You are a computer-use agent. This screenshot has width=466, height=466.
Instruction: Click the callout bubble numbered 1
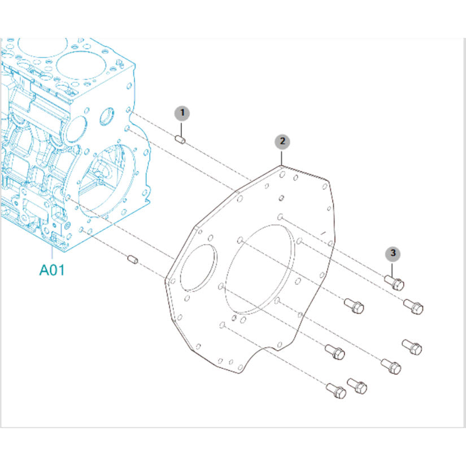pyautogui.click(x=182, y=113)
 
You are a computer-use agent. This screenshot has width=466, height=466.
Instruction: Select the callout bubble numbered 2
pyautogui.click(x=282, y=141)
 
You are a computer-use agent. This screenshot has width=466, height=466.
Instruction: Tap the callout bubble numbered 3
pyautogui.click(x=393, y=253)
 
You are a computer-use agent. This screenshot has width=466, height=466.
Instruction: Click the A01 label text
pyautogui.click(x=52, y=270)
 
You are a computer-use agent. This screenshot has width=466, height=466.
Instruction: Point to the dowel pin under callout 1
pyautogui.click(x=180, y=139)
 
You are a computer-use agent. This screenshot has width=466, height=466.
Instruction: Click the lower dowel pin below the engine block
pyautogui.click(x=133, y=260)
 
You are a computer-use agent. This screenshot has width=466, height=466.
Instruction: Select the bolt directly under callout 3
pyautogui.click(x=394, y=282)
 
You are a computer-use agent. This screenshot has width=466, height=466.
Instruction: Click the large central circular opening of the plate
pyautogui.click(x=259, y=269)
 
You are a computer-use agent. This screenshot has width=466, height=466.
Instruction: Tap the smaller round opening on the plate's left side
pyautogui.click(x=198, y=268)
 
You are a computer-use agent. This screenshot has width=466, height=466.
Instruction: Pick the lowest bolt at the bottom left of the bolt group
pyautogui.click(x=336, y=391)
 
